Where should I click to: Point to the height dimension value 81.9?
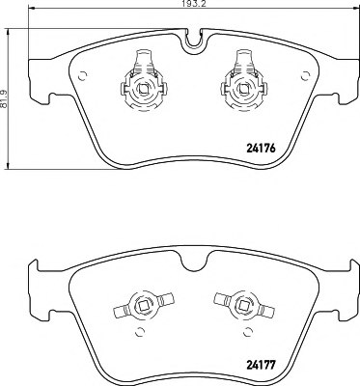pyautogui.click(x=6, y=94)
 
